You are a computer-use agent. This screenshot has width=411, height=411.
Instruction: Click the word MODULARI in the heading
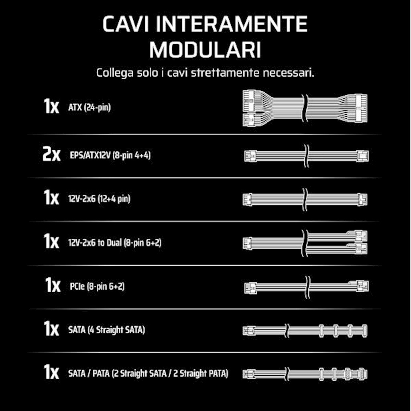pos(205,50)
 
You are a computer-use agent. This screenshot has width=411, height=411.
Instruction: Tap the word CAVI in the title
pos(126,24)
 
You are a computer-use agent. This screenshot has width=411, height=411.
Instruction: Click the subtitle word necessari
pos(288,73)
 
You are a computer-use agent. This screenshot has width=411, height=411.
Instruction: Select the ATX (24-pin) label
pos(90,107)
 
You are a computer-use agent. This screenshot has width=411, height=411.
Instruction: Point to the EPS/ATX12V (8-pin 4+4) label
pos(110,155)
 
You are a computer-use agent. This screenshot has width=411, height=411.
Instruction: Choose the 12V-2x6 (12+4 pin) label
pos(100,199)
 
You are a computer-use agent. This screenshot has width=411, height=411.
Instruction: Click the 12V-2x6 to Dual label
pos(115,243)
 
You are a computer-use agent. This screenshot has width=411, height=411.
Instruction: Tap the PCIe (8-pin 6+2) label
pos(97,286)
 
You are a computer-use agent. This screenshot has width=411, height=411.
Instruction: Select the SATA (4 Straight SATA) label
pos(106,330)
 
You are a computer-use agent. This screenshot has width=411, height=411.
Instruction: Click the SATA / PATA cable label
pos(148,374)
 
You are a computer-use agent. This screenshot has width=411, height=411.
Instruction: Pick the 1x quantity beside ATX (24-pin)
pos(51,106)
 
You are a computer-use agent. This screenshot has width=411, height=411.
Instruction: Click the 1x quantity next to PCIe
pos(53,285)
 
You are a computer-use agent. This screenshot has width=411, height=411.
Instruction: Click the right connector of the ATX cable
pos(361,108)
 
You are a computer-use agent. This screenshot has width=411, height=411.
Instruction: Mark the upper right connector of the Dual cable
pos(361,236)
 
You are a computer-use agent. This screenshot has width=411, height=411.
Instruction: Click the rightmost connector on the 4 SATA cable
pos(364,331)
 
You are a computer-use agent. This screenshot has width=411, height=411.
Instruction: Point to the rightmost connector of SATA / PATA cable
pos(362,374)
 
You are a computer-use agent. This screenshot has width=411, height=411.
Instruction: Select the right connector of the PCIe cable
pos(362,286)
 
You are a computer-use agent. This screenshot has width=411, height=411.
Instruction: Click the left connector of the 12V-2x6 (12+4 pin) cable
pos(247,200)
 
